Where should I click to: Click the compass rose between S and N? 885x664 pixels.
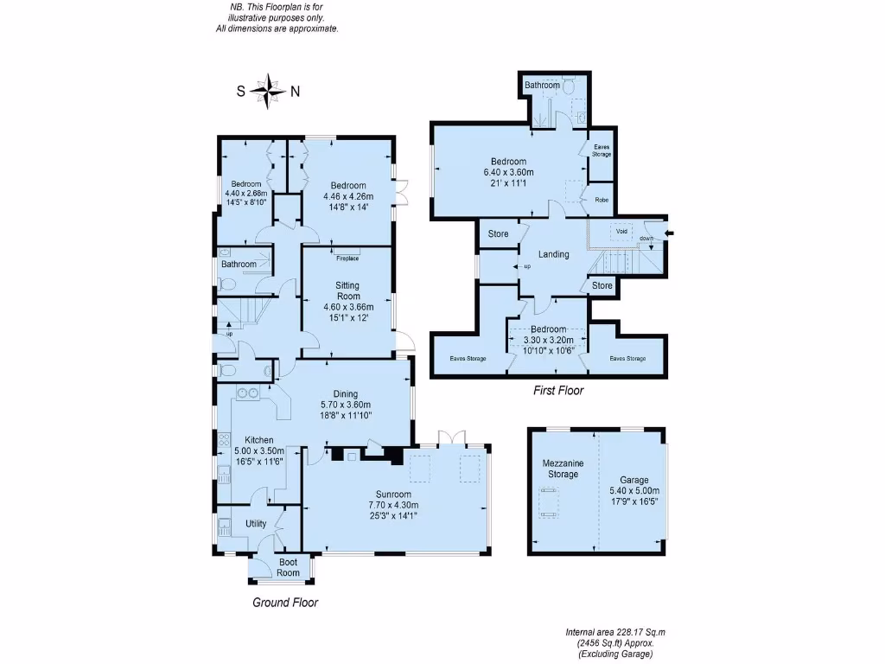[x=271, y=90]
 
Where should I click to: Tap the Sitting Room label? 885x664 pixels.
[x=347, y=290]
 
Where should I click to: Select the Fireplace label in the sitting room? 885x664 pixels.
[x=347, y=259]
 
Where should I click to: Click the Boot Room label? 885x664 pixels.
[x=288, y=567]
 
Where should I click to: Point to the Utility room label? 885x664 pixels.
[x=256, y=524]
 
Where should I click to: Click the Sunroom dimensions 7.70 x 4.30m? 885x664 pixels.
[x=397, y=506]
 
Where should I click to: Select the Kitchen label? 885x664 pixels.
[x=258, y=441]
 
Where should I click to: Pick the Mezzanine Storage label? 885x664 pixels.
[x=563, y=469]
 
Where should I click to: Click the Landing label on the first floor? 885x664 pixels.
[x=553, y=254]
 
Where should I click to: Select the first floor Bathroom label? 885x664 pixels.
[x=542, y=85]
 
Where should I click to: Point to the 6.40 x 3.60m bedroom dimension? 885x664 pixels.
[x=508, y=172]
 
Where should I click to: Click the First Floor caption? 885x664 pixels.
[x=557, y=391]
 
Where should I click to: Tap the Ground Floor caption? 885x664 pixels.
[x=285, y=603]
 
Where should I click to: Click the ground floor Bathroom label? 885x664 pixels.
[x=239, y=265]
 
